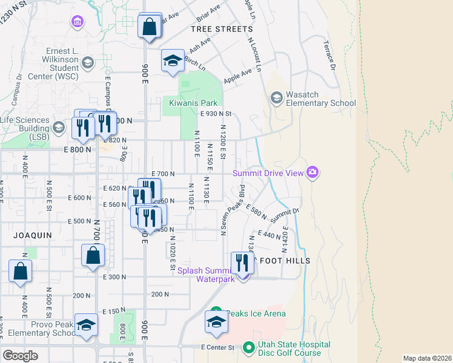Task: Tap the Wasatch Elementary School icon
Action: coord(277,98)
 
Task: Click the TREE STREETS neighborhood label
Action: coord(222,29)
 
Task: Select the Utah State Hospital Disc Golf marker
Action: coord(248,348)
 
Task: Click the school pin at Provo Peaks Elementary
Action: coord(86,325)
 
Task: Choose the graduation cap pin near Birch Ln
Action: coord(173,61)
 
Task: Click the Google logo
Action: coord(20,355)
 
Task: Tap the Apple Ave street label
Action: coord(237,76)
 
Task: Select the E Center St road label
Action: coord(217,347)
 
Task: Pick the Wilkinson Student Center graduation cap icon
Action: coord(88,62)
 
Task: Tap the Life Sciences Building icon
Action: coord(59,126)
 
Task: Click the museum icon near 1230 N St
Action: coord(77,23)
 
